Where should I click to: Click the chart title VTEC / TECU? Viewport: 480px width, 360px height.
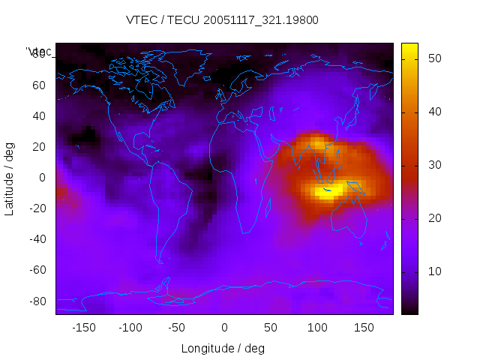(223, 20)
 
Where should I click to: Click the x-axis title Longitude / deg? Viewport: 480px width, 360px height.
(223, 348)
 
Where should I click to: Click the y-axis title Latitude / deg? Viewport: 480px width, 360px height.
(10, 178)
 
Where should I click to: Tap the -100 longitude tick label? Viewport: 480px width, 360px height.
(130, 328)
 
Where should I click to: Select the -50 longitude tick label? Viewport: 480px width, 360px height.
(177, 328)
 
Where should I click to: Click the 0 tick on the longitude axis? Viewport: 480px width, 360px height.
(224, 328)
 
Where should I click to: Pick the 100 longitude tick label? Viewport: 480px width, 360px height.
(317, 328)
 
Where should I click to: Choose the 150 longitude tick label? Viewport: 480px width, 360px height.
(364, 328)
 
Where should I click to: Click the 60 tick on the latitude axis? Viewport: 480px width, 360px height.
(39, 85)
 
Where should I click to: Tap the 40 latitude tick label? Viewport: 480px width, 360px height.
(39, 115)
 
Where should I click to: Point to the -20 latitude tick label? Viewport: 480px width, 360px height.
(37, 208)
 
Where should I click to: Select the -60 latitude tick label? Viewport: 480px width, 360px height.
(37, 270)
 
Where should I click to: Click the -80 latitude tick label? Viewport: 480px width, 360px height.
(37, 301)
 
